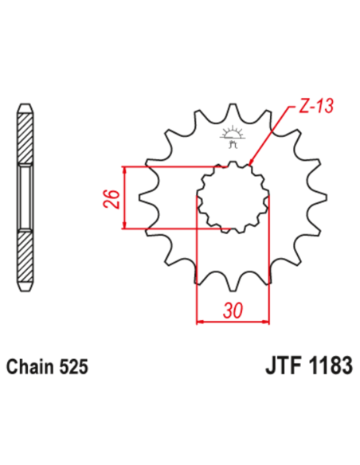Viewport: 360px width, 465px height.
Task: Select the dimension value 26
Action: pos(112,197)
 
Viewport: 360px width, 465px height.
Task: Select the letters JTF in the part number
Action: pos(279,367)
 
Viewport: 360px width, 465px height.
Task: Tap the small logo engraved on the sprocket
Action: pos(233,136)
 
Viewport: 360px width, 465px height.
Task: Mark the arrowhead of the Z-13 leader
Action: pos(251,164)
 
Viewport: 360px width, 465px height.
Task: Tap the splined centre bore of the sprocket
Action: pos(233,199)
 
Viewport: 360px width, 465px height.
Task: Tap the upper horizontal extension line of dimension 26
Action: pos(175,166)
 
